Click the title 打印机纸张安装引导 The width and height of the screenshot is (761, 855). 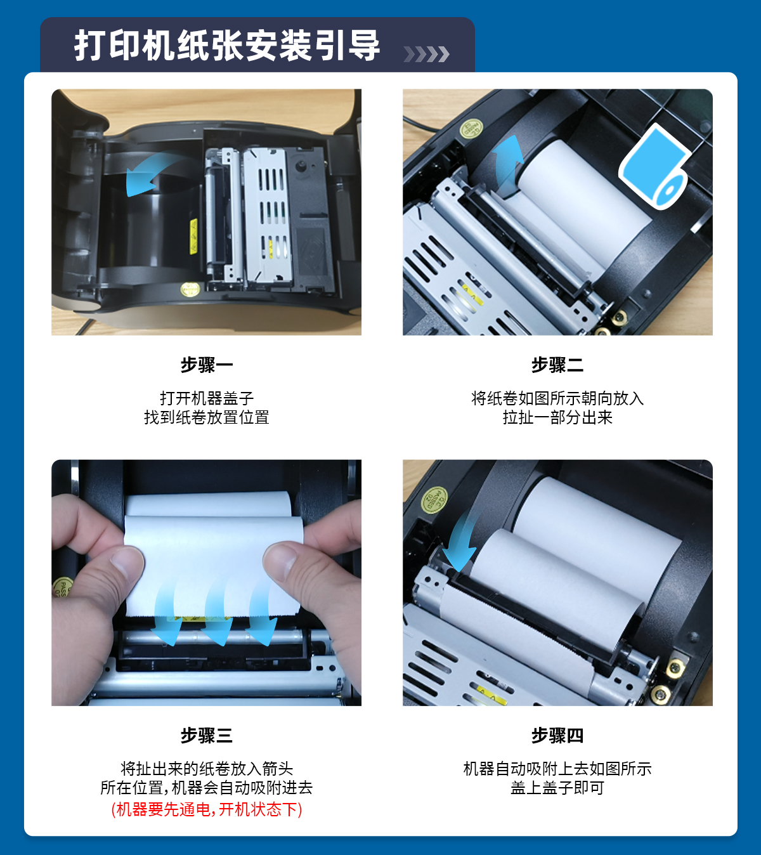point(227,46)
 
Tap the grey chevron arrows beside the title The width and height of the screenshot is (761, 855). point(426,54)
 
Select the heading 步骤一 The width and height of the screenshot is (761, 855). point(206,365)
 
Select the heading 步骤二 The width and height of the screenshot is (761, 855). point(557,365)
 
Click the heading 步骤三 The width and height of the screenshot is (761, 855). point(206,736)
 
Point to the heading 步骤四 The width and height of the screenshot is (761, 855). point(557,736)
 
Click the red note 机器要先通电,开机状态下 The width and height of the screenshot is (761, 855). point(206,809)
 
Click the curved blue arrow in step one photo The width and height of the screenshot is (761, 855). point(156,173)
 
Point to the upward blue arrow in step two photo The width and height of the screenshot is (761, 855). point(509,164)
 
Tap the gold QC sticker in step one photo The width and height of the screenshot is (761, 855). point(190,289)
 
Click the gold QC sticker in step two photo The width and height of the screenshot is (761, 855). point(471,128)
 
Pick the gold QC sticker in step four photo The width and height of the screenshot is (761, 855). point(434,500)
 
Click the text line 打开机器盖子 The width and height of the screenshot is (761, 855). point(206,398)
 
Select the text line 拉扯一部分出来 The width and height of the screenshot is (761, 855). point(557,417)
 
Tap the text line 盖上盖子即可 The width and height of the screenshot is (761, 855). point(557,788)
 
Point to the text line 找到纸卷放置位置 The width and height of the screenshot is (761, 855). point(206,417)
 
